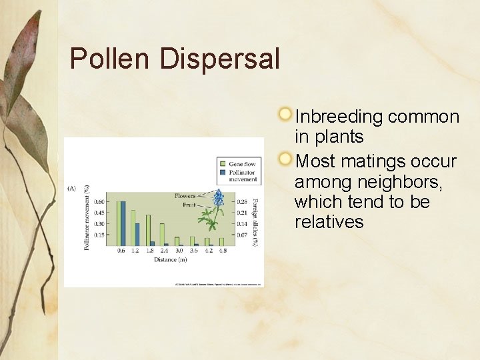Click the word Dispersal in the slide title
(x=220, y=59)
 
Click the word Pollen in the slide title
(x=111, y=59)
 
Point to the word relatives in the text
(x=329, y=222)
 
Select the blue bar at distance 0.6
(x=123, y=223)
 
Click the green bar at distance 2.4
(x=162, y=234)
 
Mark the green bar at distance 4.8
(x=221, y=242)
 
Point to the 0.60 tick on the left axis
(x=99, y=202)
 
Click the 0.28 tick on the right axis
(x=243, y=202)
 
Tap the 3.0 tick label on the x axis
(x=179, y=251)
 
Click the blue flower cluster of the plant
(x=218, y=198)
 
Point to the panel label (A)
(x=72, y=189)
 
